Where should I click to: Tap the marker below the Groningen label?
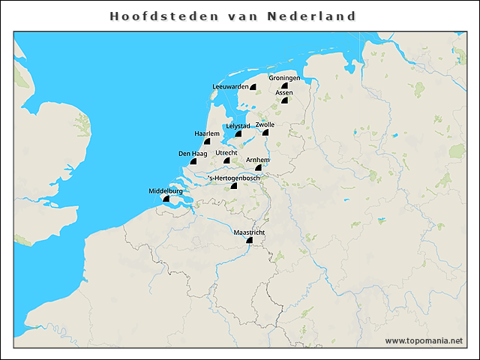(285, 86)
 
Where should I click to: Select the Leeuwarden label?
(230, 87)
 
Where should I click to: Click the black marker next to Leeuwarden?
(253, 87)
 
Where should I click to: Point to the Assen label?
(284, 92)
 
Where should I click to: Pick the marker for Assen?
(285, 100)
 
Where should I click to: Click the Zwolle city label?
(265, 124)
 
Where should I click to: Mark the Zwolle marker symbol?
(265, 133)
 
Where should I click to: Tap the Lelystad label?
(238, 126)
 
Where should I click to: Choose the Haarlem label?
(206, 133)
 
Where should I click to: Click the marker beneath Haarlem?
(206, 141)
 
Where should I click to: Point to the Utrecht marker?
(226, 160)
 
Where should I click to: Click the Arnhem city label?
(258, 160)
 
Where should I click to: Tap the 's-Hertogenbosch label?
(234, 178)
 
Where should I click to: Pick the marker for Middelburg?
(166, 199)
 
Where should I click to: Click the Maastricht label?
(249, 232)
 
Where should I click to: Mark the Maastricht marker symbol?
(249, 241)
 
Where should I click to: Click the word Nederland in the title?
(316, 16)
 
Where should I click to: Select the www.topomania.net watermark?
(424, 340)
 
